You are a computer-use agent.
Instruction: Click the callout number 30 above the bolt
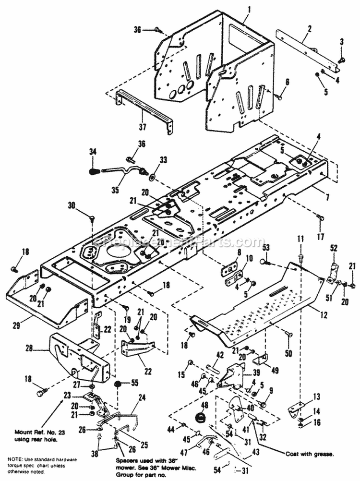tap(72, 204)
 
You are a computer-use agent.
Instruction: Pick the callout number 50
tap(288, 353)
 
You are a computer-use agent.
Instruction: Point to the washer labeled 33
tap(152, 177)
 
